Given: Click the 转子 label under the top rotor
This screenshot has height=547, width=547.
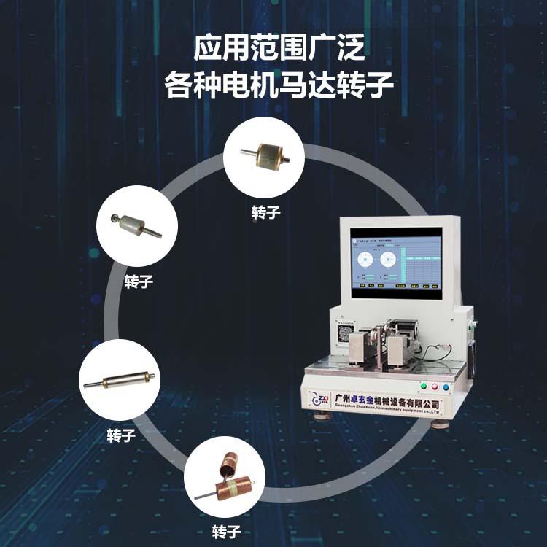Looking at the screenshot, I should click(x=265, y=212).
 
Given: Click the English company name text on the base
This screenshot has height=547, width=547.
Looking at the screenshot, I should click(x=387, y=411).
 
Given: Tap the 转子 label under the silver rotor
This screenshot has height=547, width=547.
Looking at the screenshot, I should click(x=139, y=282).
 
